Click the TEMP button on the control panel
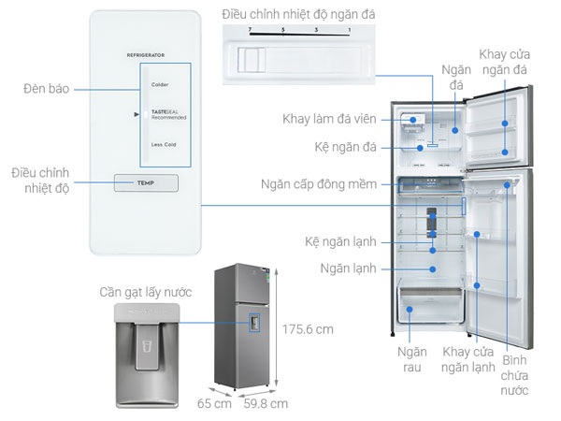click(146, 183)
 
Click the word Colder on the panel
click(159, 85)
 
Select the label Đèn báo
click(45, 90)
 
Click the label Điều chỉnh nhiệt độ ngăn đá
click(295, 14)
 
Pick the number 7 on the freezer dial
click(251, 32)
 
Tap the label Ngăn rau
click(411, 359)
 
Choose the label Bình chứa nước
click(513, 374)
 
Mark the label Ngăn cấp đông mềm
click(319, 184)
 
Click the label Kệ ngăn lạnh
click(340, 241)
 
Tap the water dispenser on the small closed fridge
click(252, 323)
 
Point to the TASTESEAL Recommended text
click(168, 114)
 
